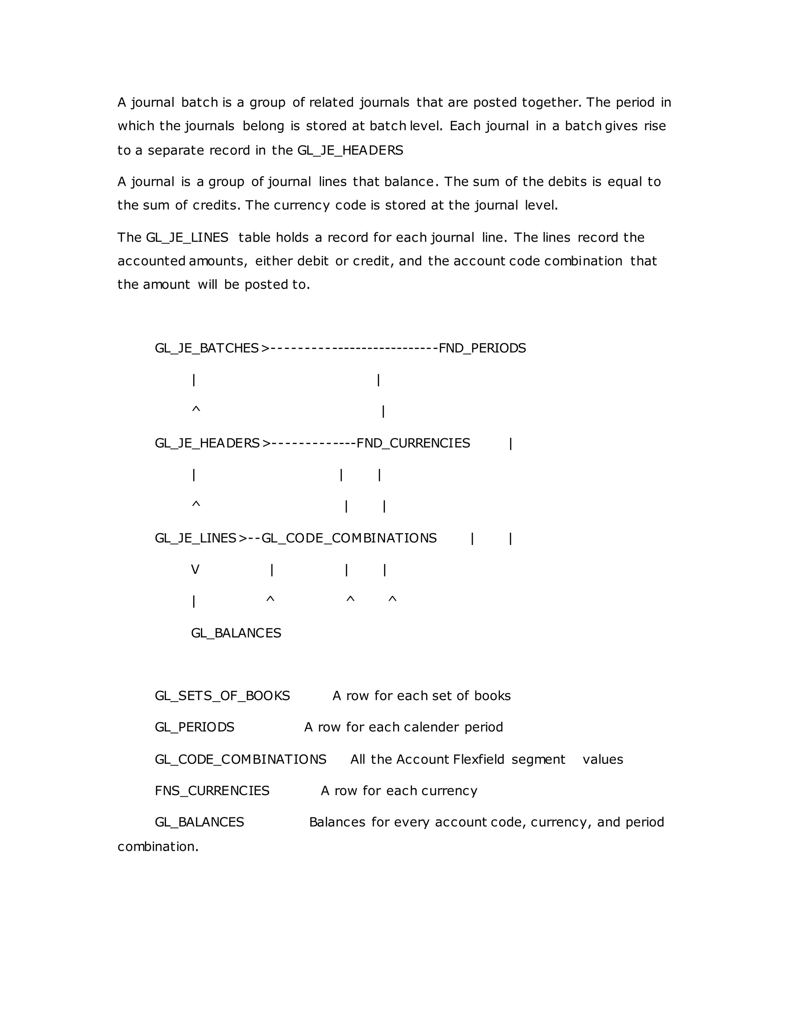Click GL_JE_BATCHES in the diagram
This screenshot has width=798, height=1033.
(207, 348)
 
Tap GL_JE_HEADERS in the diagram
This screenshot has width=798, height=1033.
(207, 443)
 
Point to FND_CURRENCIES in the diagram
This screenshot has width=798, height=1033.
(413, 443)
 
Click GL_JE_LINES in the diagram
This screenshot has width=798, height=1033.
(195, 538)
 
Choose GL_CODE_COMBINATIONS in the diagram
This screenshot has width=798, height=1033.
(349, 538)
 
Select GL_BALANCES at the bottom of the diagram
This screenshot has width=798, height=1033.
(236, 633)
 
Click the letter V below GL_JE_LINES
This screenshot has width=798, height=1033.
(195, 570)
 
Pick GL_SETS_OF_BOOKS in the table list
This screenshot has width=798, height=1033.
(222, 696)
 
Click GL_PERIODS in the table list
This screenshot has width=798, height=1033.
(194, 727)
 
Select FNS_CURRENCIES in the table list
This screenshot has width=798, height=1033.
(212, 791)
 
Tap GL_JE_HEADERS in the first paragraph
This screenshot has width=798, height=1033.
(350, 150)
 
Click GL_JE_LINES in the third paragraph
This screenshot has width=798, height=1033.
(187, 237)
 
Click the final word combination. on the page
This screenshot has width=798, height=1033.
(158, 847)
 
